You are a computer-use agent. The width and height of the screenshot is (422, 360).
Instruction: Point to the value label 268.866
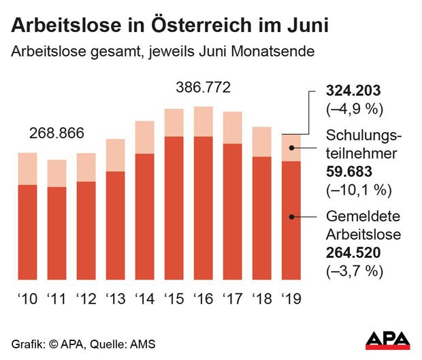(x=56, y=133)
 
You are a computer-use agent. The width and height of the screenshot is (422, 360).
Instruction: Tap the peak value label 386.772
(x=203, y=88)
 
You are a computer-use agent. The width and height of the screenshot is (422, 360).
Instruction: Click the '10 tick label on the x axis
(x=27, y=299)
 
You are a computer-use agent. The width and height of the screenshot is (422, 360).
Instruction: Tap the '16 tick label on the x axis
(x=203, y=299)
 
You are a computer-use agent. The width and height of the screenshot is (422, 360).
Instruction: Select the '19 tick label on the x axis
(x=291, y=299)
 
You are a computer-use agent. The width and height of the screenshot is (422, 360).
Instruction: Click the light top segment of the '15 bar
(x=174, y=122)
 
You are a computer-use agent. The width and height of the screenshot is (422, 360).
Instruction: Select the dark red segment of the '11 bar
(x=56, y=233)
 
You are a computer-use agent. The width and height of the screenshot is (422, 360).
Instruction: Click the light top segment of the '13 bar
(x=115, y=155)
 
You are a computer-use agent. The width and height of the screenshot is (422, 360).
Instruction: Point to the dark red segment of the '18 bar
(x=262, y=218)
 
